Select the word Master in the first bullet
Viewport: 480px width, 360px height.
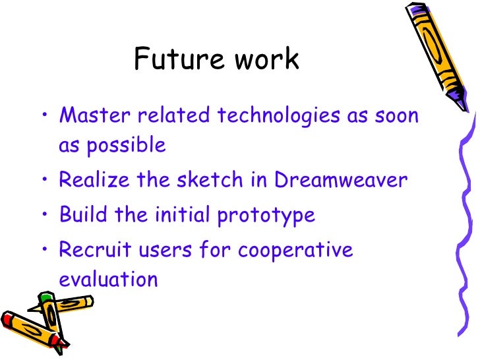coord(92,116)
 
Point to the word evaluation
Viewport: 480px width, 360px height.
coord(108,279)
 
